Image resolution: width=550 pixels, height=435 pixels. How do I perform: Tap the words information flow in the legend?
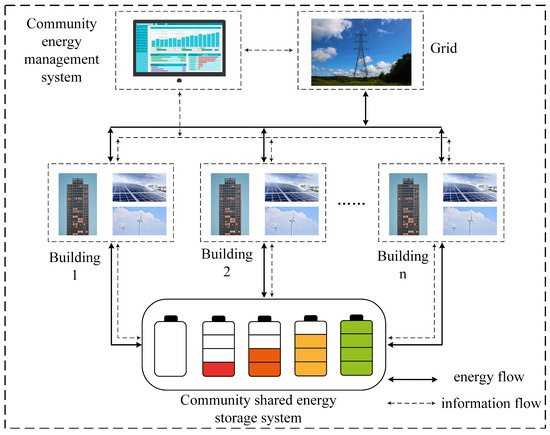point(491,403)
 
